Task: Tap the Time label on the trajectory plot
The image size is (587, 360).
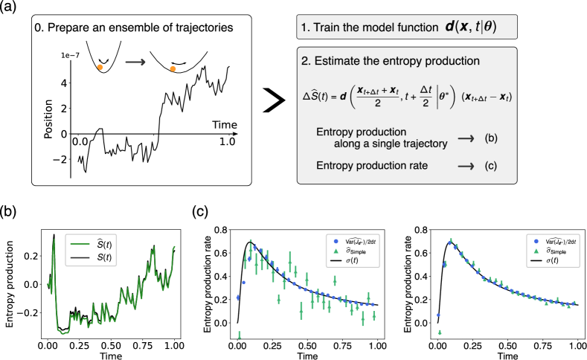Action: coord(225,123)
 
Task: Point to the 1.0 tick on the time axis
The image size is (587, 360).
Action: coord(227,141)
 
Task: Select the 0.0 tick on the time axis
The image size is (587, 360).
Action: coord(80,141)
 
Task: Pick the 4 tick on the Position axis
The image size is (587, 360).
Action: coord(65,83)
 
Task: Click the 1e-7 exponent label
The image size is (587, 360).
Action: coord(70,56)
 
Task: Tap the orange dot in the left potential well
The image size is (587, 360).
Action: coord(100,68)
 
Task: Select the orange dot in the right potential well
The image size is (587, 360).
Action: coord(173,69)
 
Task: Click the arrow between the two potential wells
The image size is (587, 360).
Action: coord(135,62)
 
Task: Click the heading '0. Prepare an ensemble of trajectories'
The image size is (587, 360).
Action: coord(133,28)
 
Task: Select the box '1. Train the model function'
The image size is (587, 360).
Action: coord(405,28)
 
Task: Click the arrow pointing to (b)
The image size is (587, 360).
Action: coord(466,138)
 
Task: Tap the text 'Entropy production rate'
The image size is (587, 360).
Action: coord(371,166)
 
